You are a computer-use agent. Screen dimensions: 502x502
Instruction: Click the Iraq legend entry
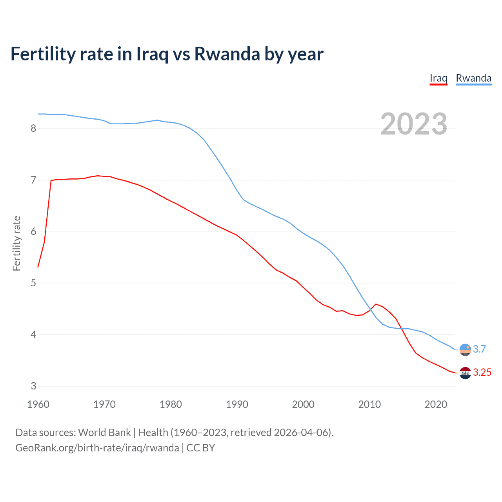point(438,78)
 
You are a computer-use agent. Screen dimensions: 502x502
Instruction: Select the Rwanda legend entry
point(473,78)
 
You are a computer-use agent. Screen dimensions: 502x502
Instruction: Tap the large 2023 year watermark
point(414,124)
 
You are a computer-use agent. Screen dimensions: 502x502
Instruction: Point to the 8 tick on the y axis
point(33,129)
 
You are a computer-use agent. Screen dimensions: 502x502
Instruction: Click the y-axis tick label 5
point(33,283)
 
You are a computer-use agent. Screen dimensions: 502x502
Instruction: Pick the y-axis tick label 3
point(33,386)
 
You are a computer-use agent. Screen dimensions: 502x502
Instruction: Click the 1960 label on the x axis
point(38,404)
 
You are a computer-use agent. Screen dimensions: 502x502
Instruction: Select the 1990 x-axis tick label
point(237,404)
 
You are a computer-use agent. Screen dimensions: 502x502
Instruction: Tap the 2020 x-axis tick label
point(436,404)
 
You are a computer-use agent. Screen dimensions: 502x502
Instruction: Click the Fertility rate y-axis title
point(16,243)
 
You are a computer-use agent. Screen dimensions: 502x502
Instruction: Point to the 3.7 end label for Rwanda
point(479,349)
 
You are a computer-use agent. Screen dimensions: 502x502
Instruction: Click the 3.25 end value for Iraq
point(482,373)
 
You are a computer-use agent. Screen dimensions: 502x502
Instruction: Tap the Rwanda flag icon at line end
point(465,349)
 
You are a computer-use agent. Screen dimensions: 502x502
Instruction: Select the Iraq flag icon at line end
point(465,373)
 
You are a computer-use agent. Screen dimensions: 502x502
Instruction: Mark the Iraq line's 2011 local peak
point(376,304)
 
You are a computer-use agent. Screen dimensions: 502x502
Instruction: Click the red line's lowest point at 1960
point(38,267)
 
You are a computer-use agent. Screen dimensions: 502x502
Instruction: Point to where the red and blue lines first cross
point(370,309)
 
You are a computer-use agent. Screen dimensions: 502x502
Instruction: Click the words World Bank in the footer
point(104,433)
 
